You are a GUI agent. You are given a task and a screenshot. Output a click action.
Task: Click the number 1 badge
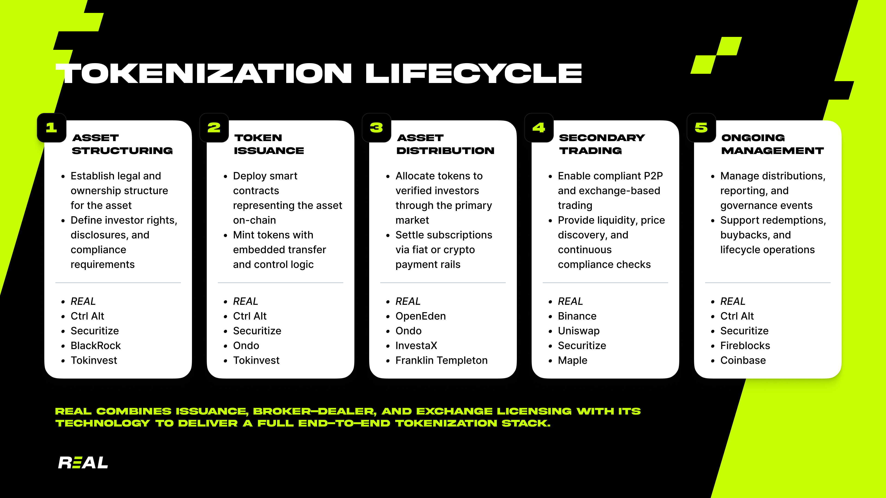pos(52,127)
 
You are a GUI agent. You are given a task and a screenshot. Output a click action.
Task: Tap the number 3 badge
pos(377,127)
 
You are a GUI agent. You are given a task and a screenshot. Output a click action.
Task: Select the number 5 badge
pos(701,127)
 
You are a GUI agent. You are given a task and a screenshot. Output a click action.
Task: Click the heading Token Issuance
pos(269,144)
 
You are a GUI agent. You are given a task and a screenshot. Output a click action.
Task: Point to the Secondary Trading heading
pos(602,144)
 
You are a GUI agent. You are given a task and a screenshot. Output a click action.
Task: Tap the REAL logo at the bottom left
pos(83,462)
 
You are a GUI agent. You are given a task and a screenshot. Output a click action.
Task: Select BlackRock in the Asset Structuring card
pos(96,345)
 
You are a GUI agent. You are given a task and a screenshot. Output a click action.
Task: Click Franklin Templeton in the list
pos(442,360)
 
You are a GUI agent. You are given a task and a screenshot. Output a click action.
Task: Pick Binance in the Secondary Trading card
pos(577,316)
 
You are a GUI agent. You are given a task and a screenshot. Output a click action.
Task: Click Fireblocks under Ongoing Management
pos(745,345)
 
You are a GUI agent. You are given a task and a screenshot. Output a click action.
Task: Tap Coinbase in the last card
pos(743,360)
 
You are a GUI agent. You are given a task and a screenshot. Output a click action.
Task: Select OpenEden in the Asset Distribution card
pos(421,316)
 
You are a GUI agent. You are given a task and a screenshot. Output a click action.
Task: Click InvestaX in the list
pos(416,345)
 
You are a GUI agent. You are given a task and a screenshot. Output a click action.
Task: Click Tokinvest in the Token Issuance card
pos(256,360)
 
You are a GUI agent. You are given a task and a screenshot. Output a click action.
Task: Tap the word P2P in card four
pos(653,176)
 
